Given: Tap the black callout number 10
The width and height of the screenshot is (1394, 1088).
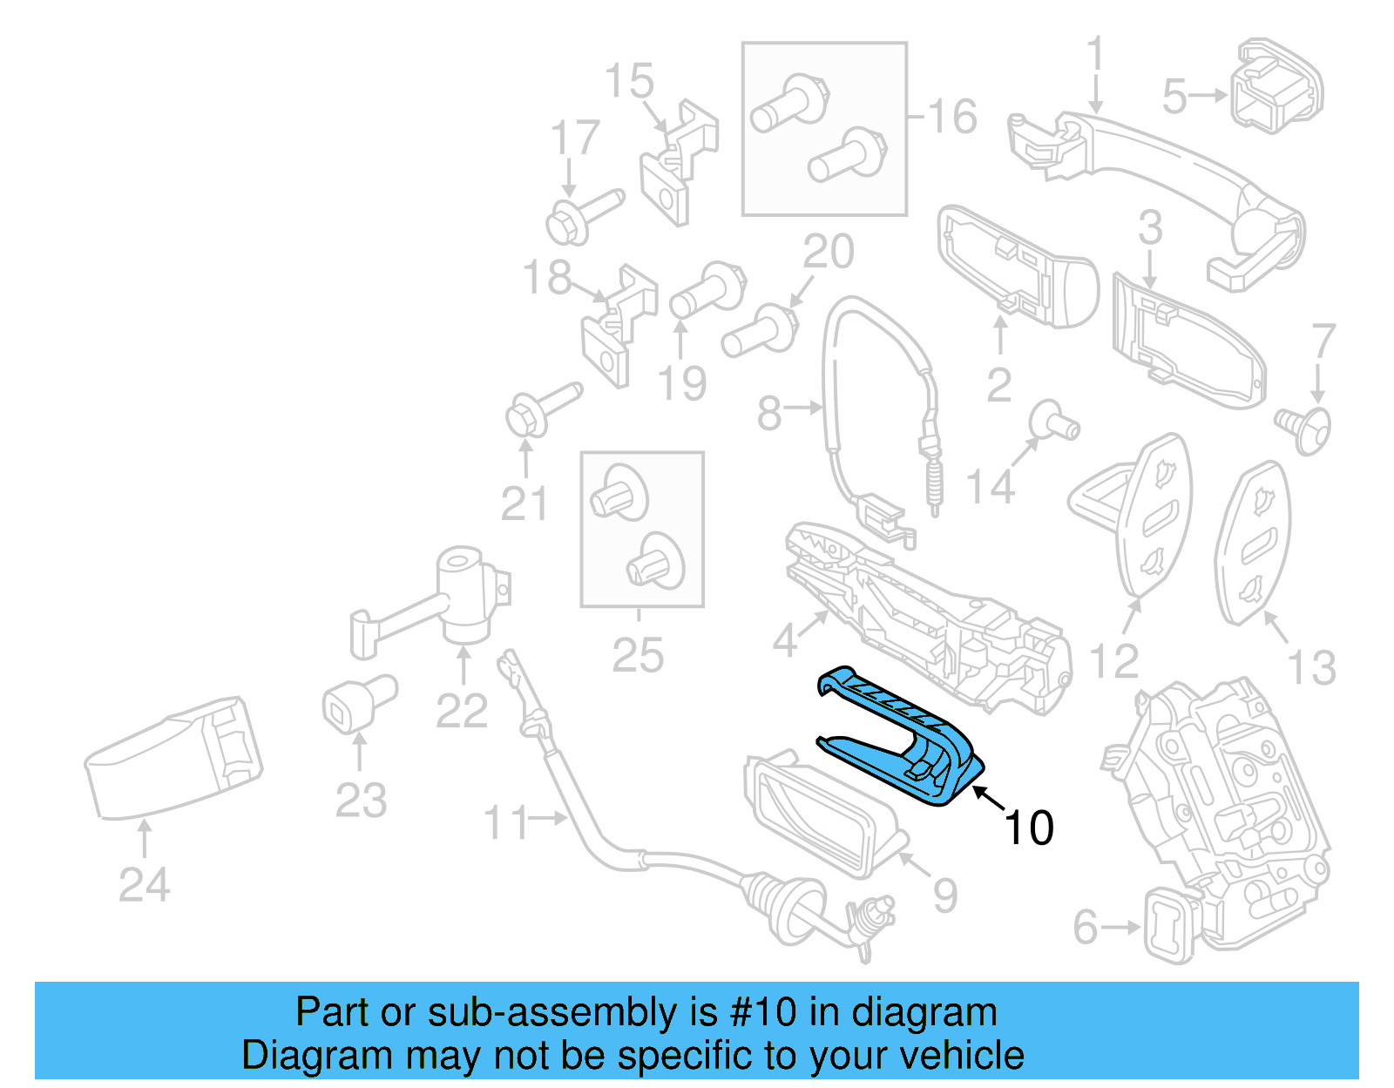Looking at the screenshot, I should tap(1029, 828).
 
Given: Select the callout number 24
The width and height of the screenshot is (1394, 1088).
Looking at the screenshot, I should tap(145, 886).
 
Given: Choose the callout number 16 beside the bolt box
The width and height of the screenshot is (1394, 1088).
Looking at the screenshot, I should tap(952, 117).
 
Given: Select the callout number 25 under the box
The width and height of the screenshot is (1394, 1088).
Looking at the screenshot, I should tap(638, 655).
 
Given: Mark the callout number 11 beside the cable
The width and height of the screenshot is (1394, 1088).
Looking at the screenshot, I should tap(506, 822).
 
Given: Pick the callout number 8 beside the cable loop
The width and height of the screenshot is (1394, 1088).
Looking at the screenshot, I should tap(769, 413).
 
